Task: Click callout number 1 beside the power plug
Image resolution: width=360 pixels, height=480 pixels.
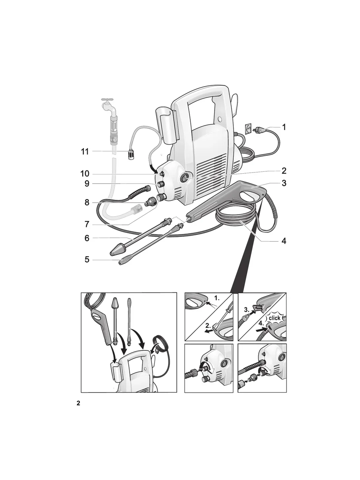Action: click(284, 127)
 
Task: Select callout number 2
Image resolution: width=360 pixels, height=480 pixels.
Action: click(284, 171)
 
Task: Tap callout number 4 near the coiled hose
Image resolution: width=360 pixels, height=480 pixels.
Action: click(284, 241)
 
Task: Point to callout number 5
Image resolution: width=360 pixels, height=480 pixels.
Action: click(87, 260)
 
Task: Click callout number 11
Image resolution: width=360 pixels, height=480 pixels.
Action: click(85, 151)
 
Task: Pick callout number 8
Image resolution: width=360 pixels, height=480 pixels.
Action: click(87, 202)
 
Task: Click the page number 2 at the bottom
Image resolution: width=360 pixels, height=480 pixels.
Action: click(78, 403)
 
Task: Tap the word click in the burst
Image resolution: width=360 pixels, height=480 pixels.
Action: click(275, 318)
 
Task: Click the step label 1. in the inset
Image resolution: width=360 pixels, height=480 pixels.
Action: click(217, 298)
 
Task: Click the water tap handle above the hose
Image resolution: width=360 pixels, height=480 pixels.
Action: click(107, 100)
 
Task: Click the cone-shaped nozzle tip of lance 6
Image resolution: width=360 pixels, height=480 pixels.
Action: click(117, 251)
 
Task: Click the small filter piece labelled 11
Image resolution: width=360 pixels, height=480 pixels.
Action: click(130, 154)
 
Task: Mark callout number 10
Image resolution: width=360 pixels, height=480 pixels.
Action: click(85, 174)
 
